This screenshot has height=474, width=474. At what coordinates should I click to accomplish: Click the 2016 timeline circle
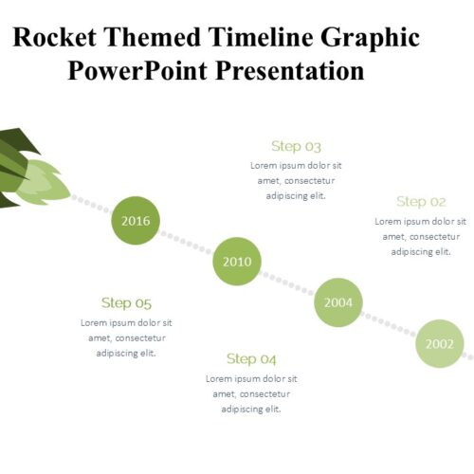(136, 221)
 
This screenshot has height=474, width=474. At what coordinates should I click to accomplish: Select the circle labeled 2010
(237, 262)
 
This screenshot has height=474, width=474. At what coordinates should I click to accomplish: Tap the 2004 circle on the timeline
(338, 302)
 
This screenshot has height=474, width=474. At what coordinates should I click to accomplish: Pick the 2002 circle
(440, 343)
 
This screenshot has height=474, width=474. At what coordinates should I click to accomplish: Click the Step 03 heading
(296, 146)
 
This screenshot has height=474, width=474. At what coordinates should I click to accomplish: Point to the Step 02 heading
(421, 202)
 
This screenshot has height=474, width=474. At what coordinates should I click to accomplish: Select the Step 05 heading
(126, 303)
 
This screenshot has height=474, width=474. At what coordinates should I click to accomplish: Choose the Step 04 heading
(251, 359)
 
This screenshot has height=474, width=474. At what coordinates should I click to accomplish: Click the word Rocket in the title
(54, 37)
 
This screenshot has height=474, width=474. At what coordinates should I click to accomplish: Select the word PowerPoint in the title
(137, 71)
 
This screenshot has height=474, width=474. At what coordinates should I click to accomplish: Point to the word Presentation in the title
(290, 71)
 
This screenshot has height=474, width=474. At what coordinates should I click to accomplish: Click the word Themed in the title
(153, 37)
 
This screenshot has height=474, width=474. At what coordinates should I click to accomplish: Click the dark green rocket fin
(19, 140)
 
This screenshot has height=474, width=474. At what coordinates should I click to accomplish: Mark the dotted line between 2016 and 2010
(187, 241)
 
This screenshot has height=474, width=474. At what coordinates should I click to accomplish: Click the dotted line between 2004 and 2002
(390, 323)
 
